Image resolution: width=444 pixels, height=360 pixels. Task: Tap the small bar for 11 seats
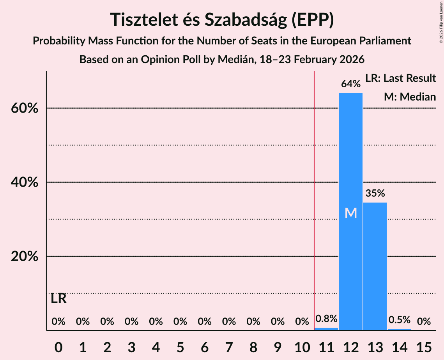pos(326,329)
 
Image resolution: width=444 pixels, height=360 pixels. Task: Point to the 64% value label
pos(351,84)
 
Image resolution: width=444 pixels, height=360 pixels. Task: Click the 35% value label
pos(375,193)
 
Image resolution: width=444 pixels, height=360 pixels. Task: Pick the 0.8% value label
pos(326,319)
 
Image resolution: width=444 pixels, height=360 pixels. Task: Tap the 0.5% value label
pos(400,319)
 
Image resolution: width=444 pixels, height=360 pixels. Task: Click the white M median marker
pos(351,213)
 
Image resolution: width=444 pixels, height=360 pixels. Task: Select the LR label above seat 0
pos(58,299)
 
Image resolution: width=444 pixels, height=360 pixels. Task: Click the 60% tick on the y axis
pos(25,108)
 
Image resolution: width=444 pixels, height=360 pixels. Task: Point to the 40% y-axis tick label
pos(25,182)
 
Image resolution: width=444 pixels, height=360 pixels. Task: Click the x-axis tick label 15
pos(424,346)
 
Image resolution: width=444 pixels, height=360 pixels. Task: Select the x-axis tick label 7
pos(229,346)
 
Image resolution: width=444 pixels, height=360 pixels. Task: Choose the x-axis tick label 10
pos(302,346)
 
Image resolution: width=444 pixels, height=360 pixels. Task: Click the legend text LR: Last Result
pos(400,78)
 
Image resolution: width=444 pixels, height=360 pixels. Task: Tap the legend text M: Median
pos(410,97)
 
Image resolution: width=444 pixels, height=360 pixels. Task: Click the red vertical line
pos(314,195)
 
